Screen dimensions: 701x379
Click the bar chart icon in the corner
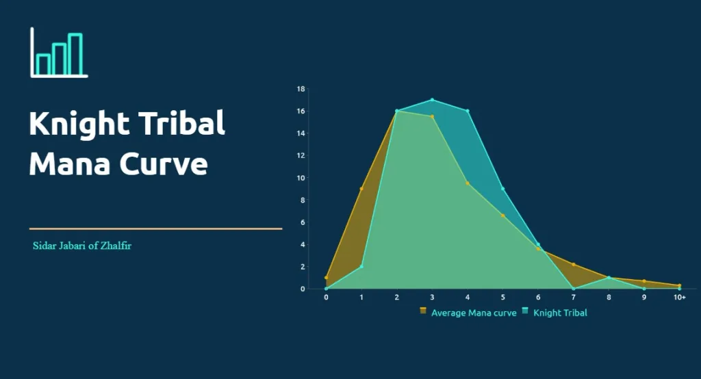click(x=59, y=53)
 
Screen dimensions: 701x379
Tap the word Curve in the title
click(x=164, y=164)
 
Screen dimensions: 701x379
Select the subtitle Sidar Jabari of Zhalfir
click(x=82, y=246)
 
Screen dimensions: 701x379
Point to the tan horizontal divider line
click(x=155, y=228)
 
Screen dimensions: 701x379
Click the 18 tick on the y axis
click(x=301, y=89)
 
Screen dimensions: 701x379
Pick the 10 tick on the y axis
click(x=301, y=178)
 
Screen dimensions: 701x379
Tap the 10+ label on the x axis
click(x=680, y=297)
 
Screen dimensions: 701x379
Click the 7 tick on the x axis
click(x=574, y=297)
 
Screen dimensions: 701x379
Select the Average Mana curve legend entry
click(x=468, y=313)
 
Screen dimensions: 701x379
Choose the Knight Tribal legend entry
click(x=555, y=313)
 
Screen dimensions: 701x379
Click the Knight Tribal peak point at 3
click(x=433, y=100)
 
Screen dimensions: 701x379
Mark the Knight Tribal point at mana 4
click(x=468, y=111)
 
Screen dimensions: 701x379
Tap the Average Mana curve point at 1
click(x=361, y=189)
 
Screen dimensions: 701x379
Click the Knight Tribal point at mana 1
click(x=361, y=267)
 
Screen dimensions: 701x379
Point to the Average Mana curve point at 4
click(x=468, y=183)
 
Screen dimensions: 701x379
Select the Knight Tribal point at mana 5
click(x=503, y=189)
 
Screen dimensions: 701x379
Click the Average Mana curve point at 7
click(x=574, y=265)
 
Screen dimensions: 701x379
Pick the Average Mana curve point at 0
click(x=326, y=278)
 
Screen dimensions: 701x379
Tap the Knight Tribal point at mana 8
click(x=609, y=278)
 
